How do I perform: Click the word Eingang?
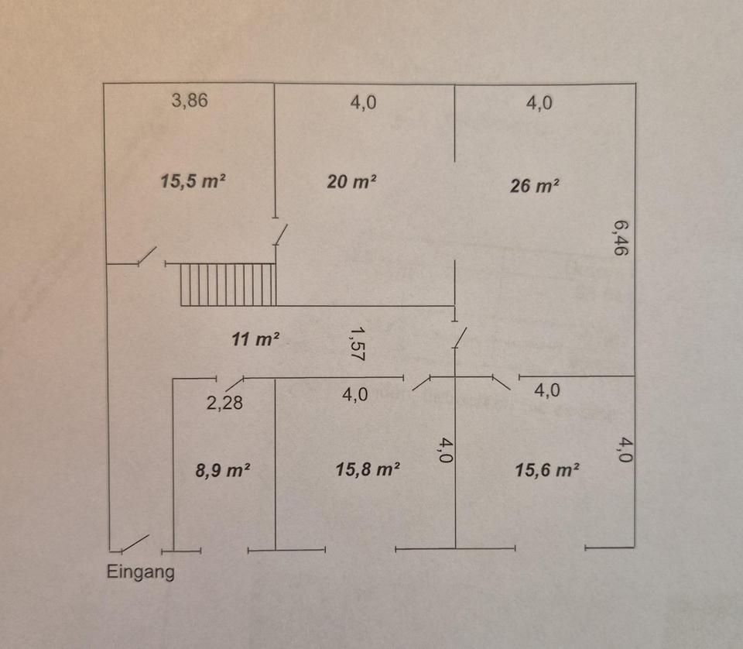140,573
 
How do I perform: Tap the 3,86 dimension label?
190,101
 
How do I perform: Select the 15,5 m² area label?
193,181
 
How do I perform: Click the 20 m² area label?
352,182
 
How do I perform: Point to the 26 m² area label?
534,186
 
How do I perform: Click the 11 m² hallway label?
255,338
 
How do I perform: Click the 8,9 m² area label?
224,471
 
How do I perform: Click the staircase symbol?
228,284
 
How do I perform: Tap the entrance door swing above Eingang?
135,543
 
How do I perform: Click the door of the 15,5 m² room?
146,256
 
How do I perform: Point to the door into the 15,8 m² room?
422,383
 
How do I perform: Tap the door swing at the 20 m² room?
281,234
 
